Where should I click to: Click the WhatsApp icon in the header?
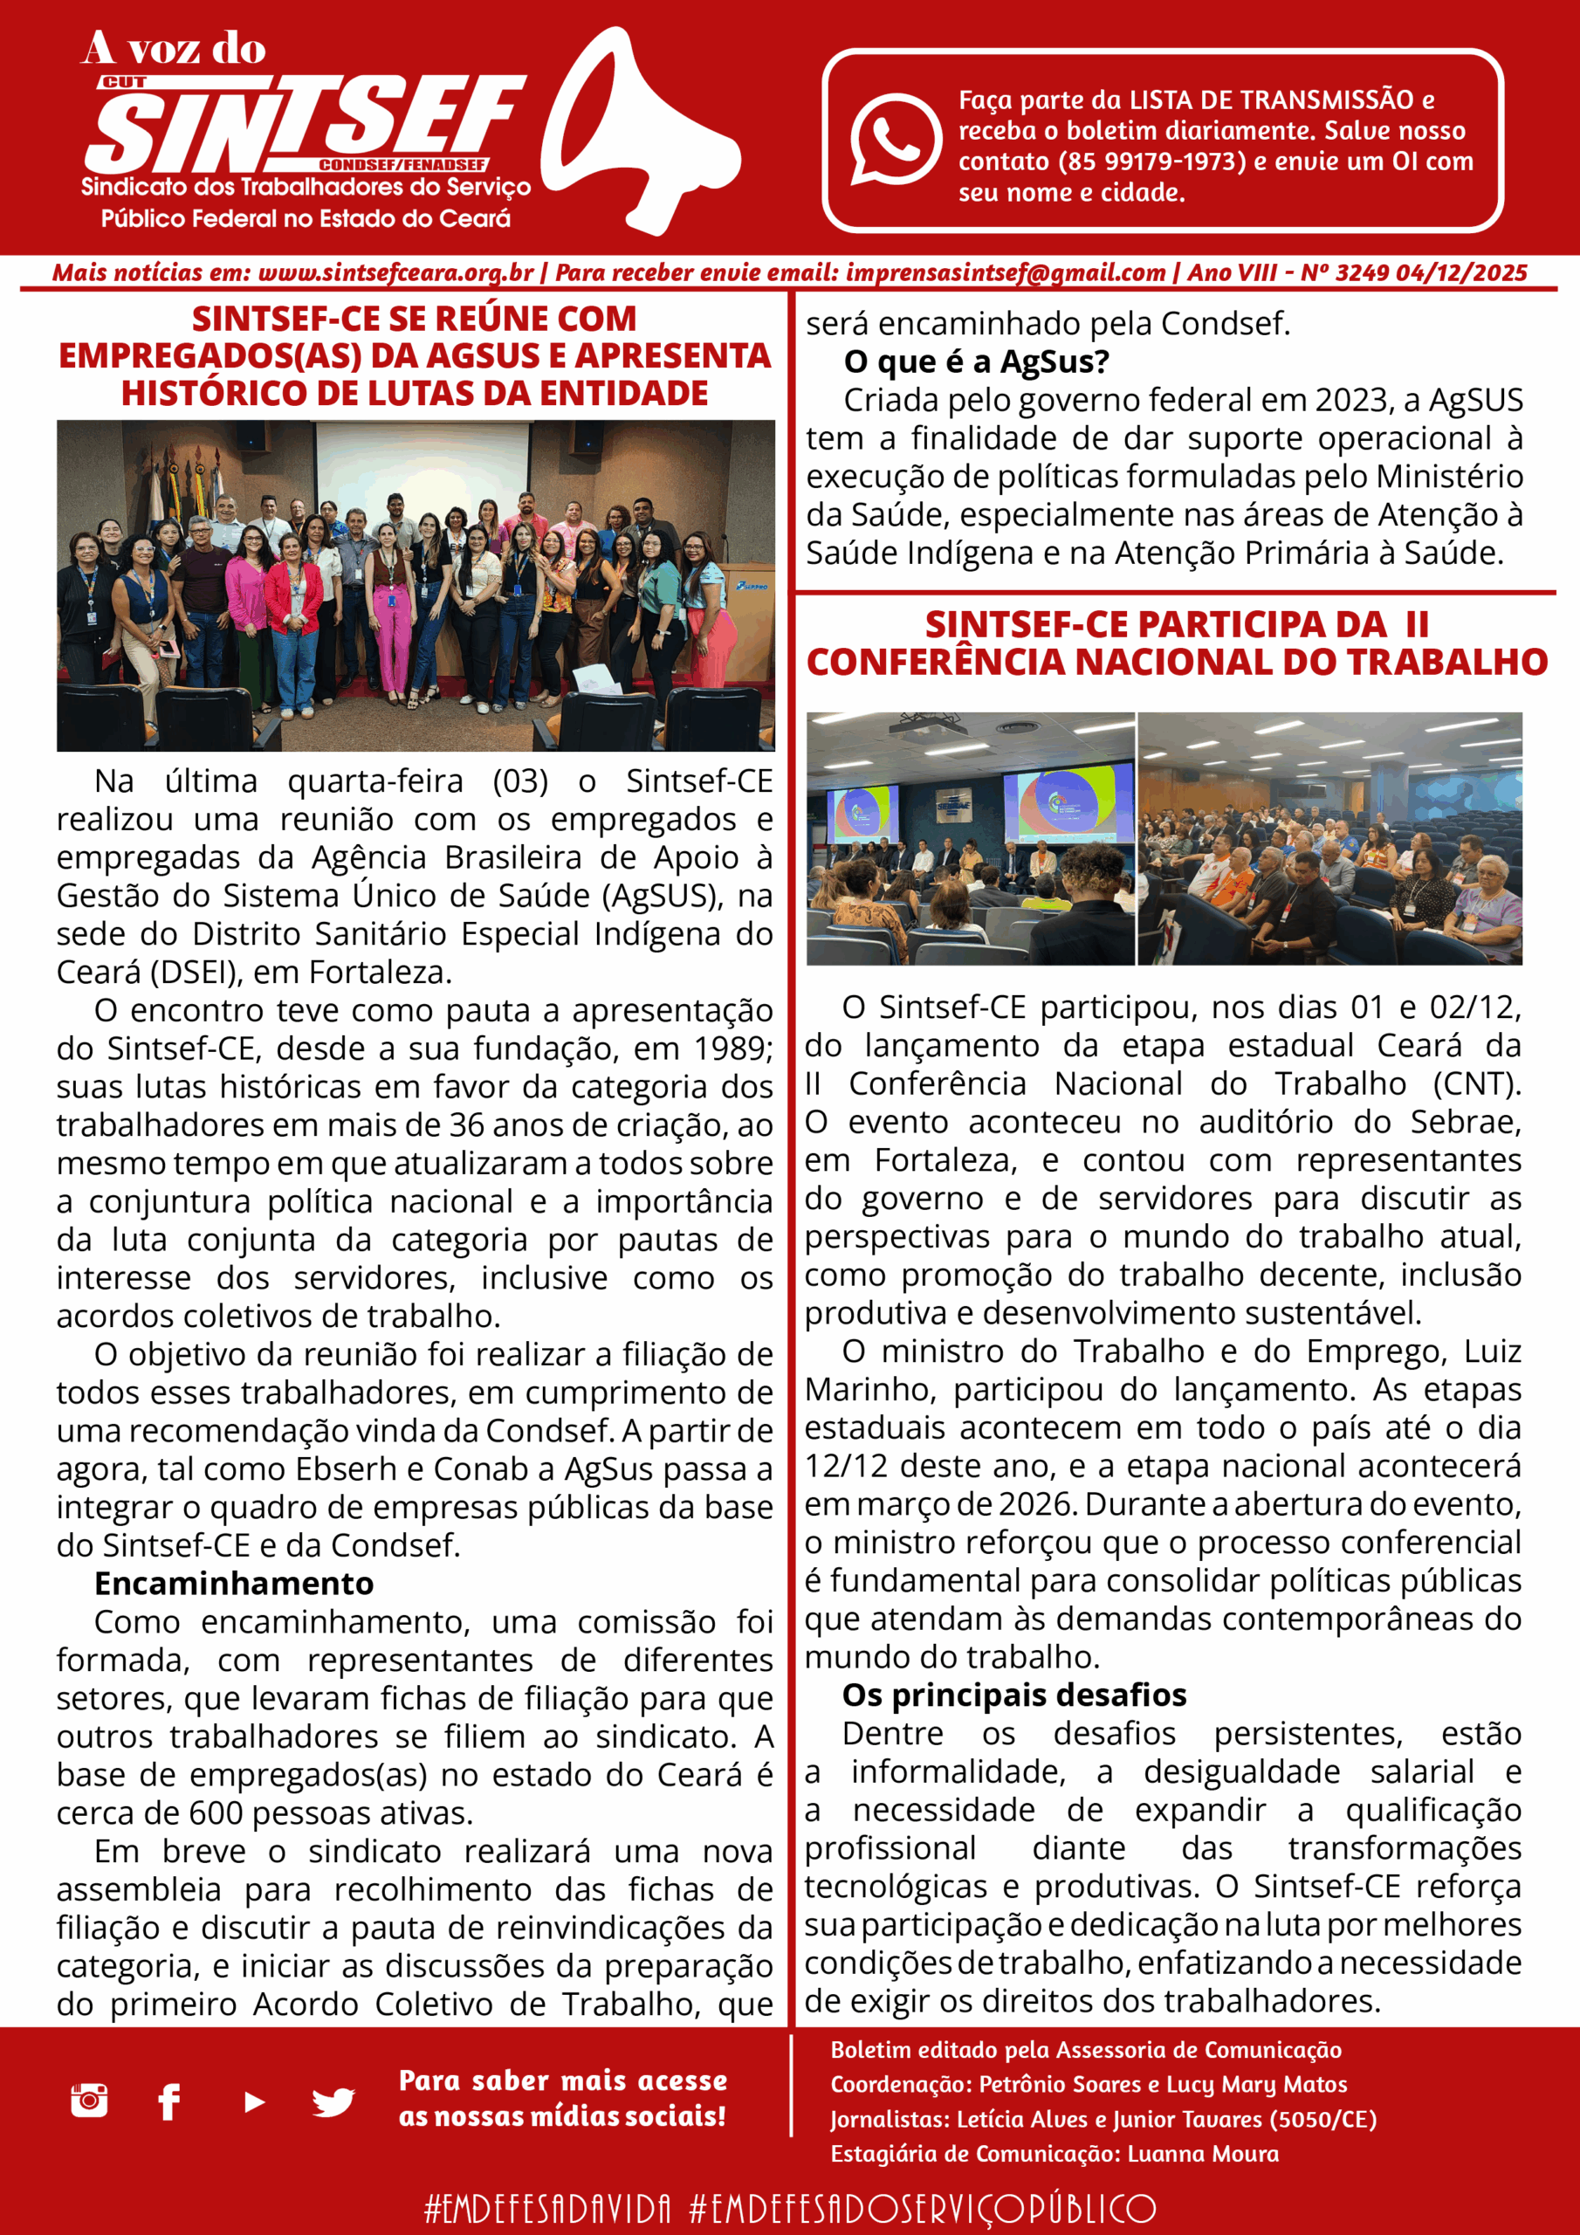click(896, 139)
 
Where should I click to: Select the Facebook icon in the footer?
click(169, 2101)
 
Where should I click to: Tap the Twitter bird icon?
click(333, 2101)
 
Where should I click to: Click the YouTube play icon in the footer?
click(254, 2101)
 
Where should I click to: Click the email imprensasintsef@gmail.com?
click(1005, 272)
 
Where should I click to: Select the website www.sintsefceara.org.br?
click(395, 272)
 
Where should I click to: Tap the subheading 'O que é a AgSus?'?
click(977, 361)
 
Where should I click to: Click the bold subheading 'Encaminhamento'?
click(234, 1584)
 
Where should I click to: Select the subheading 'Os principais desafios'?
click(1013, 1695)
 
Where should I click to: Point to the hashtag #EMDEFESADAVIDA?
click(547, 2208)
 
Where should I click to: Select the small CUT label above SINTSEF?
click(124, 83)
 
